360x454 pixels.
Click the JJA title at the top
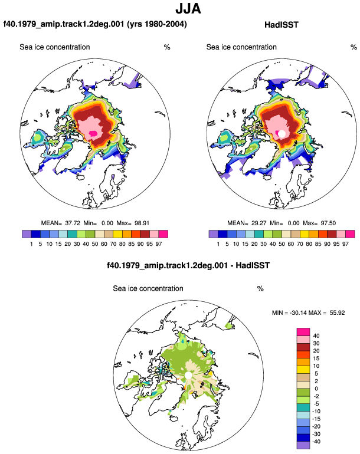coord(188,8)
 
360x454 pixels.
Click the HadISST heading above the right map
coord(281,25)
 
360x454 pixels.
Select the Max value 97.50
coord(328,223)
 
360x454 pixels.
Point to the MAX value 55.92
coord(337,312)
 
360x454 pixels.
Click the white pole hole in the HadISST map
coord(282,133)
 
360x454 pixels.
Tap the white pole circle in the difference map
coord(188,376)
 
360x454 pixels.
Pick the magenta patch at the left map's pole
coord(93,133)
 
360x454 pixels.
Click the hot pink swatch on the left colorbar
coord(163,234)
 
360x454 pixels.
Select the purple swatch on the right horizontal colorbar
coord(213,234)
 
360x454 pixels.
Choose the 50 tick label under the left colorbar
coord(95,244)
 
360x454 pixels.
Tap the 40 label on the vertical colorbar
coord(316,336)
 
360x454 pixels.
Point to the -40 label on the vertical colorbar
coord(316,442)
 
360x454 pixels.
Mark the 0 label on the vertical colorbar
coord(316,389)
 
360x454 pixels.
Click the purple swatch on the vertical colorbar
coord(303,445)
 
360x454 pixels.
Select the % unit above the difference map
coord(260,289)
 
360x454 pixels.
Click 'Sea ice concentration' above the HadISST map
coord(241,47)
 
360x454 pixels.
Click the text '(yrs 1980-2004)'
coord(157,24)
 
